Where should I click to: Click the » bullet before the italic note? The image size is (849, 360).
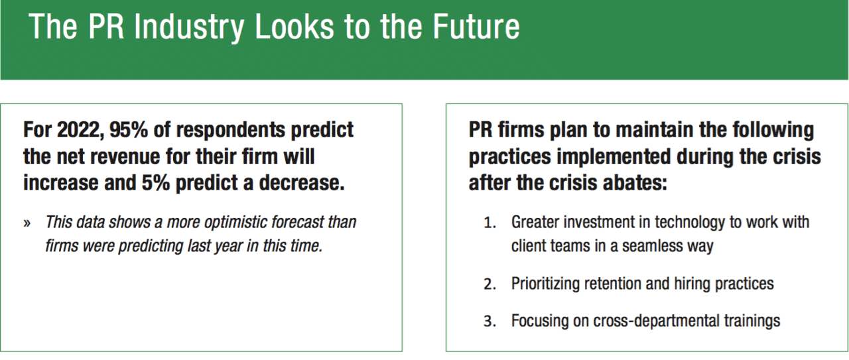(x=27, y=223)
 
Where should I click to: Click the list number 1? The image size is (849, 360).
(x=490, y=223)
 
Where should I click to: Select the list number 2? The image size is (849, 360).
(x=490, y=284)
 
